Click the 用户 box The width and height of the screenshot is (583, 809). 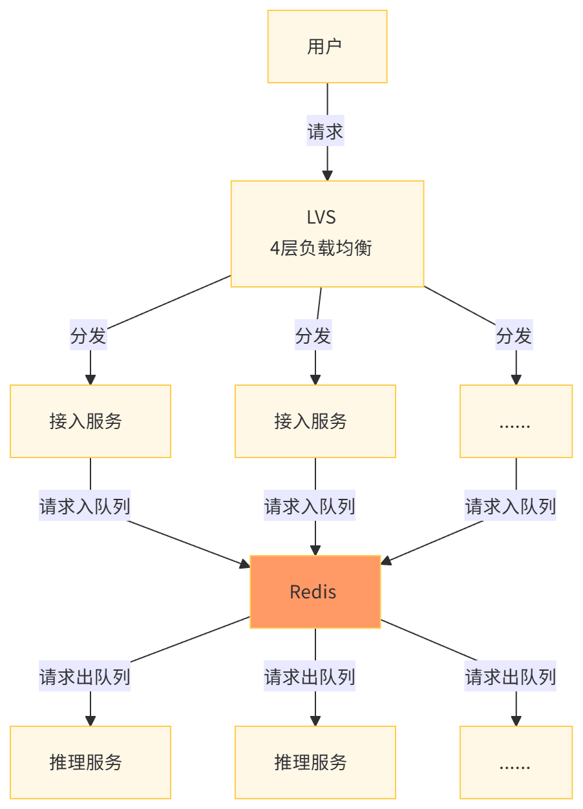click(327, 47)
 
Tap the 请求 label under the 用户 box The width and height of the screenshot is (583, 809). click(325, 132)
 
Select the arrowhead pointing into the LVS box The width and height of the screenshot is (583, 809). click(327, 174)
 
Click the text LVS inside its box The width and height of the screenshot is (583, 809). click(321, 217)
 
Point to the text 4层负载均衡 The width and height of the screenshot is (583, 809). click(321, 248)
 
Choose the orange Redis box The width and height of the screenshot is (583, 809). click(315, 592)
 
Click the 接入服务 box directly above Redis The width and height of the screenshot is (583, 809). click(315, 421)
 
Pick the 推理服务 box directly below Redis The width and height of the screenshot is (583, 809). click(315, 762)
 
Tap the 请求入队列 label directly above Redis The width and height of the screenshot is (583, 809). click(310, 506)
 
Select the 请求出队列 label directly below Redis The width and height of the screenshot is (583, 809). click(310, 677)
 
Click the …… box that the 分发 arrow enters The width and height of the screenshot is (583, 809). click(516, 421)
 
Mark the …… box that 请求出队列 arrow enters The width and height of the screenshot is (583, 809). click(516, 762)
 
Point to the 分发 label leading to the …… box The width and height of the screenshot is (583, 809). click(514, 336)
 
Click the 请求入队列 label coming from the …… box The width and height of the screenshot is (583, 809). click(511, 506)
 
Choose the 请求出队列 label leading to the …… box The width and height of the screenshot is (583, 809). click(511, 677)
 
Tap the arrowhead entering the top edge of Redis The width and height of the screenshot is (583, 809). click(315, 549)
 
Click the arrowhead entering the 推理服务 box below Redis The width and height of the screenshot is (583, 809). click(315, 720)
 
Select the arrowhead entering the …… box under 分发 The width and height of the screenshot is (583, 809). click(516, 379)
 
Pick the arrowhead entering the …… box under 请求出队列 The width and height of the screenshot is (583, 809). click(516, 720)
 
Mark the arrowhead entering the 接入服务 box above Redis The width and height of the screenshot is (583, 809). click(315, 379)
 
